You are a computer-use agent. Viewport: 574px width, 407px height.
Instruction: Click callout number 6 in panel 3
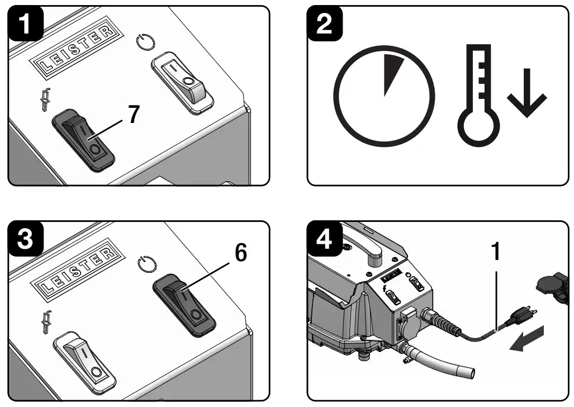click(x=239, y=253)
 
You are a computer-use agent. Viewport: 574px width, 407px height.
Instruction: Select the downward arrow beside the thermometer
click(x=526, y=96)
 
